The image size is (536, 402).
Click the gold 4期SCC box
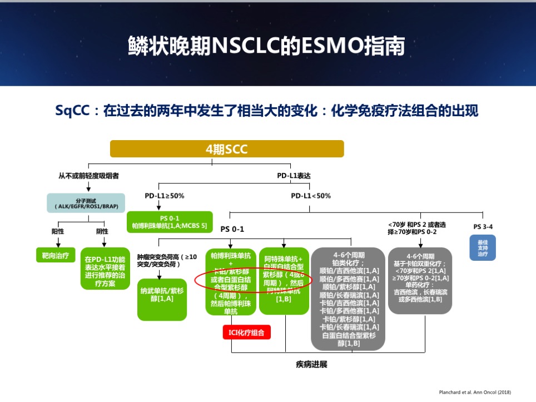coord(227,149)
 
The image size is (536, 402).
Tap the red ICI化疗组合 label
coord(246,332)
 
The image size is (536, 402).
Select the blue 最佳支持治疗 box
coord(483,248)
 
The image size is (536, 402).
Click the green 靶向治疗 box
coord(55,257)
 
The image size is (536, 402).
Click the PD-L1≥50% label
coord(164,196)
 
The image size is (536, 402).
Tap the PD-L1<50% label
coord(310,196)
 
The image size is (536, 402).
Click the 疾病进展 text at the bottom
coord(311,365)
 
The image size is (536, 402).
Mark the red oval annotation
coord(254,280)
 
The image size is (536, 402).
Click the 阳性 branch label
coord(58,231)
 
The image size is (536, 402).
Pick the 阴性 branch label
coord(102,231)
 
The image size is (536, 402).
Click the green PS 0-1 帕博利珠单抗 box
coord(170,222)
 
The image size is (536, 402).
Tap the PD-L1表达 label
coord(294,176)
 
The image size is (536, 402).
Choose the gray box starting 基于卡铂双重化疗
coord(420,280)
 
